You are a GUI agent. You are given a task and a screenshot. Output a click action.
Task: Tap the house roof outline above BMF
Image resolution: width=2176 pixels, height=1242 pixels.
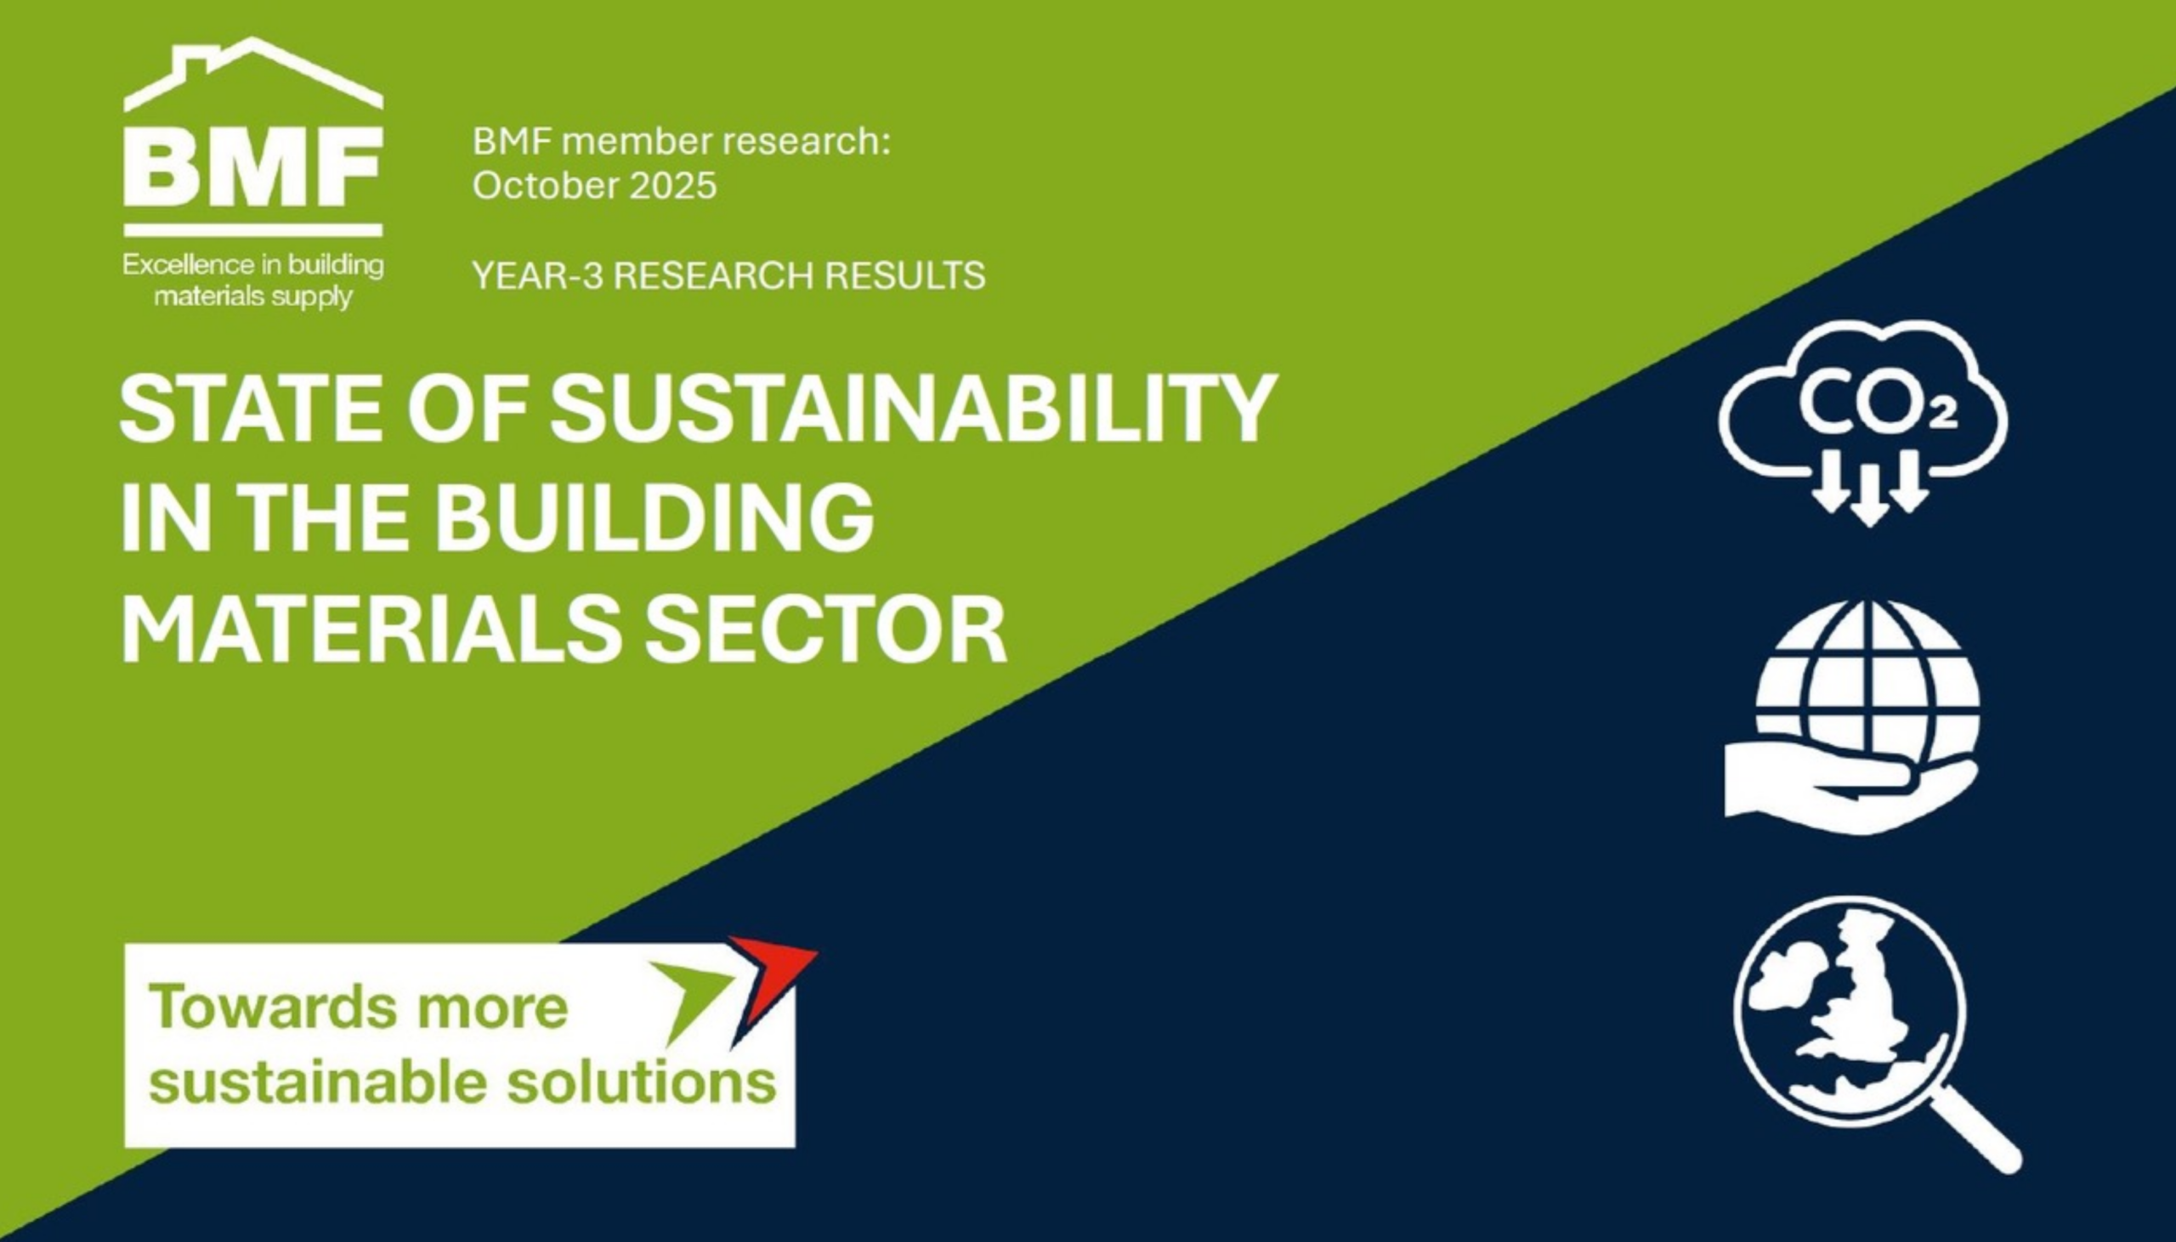click(x=253, y=74)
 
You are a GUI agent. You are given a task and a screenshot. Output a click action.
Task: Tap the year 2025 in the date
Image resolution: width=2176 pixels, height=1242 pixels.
click(x=673, y=186)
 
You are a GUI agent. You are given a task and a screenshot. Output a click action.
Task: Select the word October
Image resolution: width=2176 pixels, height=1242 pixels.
click(x=547, y=186)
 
